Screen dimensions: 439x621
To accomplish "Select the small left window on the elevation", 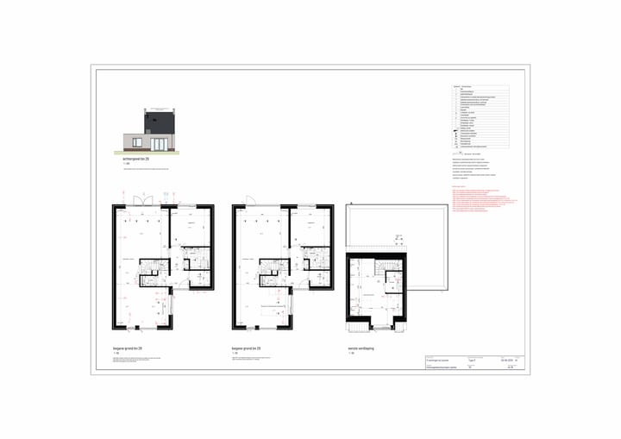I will pos(136,141).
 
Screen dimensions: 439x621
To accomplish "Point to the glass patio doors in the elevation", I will pos(160,143).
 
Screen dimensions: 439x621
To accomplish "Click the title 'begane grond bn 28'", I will pos(128,348).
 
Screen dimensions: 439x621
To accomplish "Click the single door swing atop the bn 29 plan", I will pos(251,200).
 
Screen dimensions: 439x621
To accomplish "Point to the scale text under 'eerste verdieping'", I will pos(351,354).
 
